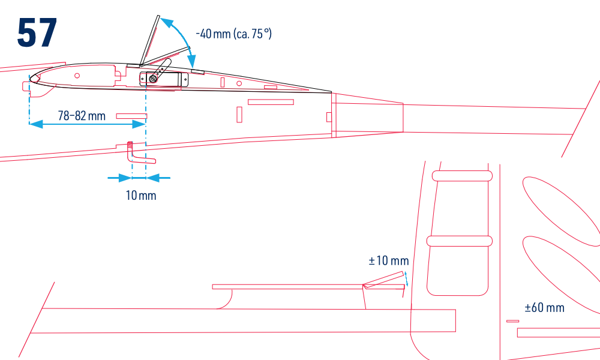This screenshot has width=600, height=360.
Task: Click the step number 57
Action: pos(37,32)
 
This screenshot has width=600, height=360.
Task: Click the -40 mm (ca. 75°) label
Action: pos(233,34)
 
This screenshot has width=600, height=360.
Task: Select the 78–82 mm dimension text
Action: pos(82,116)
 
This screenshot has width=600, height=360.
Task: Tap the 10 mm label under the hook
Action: pos(141,196)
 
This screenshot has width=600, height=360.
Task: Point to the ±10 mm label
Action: pos(389,261)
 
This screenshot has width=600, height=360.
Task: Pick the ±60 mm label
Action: pos(545,308)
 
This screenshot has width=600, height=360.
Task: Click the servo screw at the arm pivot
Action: pos(153,79)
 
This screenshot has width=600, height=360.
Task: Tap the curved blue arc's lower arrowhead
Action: pos(192,62)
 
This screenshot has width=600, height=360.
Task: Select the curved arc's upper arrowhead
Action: pos(166,22)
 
